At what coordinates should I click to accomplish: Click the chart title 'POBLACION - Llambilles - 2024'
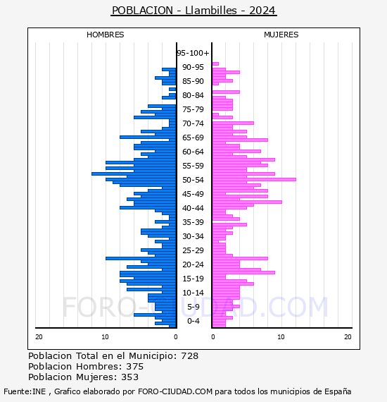pyautogui.click(x=193, y=11)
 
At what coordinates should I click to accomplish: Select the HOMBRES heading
pyautogui.click(x=105, y=35)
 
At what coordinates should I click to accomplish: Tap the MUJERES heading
pyautogui.click(x=281, y=35)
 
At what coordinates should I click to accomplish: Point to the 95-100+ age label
pyautogui.click(x=193, y=53)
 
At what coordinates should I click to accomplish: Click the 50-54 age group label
pyautogui.click(x=193, y=180)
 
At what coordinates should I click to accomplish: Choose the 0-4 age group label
pyautogui.click(x=193, y=321)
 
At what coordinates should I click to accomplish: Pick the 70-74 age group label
pyautogui.click(x=193, y=123)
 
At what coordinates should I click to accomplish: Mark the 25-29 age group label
pyautogui.click(x=193, y=250)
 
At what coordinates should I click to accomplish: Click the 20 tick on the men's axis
pyautogui.click(x=39, y=337)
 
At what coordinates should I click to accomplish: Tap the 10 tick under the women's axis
pyautogui.click(x=281, y=337)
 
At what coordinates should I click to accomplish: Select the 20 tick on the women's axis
pyautogui.click(x=348, y=337)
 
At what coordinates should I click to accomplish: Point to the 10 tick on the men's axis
pyautogui.click(x=105, y=337)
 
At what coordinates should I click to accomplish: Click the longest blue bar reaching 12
pyautogui.click(x=134, y=173)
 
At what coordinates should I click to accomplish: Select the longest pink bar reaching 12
pyautogui.click(x=254, y=179)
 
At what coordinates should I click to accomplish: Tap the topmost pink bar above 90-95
pyautogui.click(x=215, y=64)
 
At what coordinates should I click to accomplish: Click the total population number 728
pyautogui.click(x=189, y=356)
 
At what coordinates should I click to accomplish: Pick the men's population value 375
pyautogui.click(x=135, y=367)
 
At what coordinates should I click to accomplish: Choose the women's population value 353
pyautogui.click(x=129, y=377)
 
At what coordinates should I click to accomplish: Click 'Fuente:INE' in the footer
pyautogui.click(x=25, y=391)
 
